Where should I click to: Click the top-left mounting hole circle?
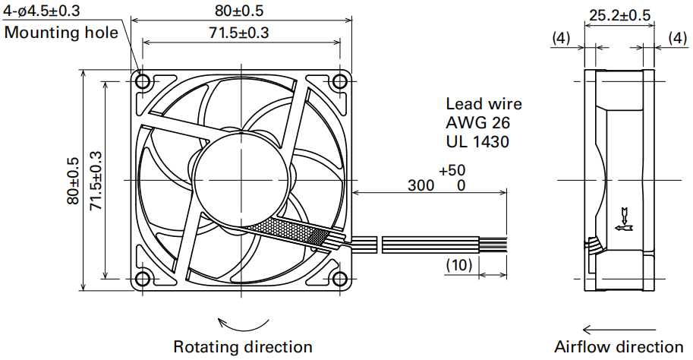[143, 81]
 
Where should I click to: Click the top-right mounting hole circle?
[340, 81]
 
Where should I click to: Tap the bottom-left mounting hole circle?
[143, 279]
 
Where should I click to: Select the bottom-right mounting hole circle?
[340, 279]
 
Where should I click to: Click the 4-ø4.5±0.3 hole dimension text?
[42, 10]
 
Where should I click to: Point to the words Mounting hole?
[61, 33]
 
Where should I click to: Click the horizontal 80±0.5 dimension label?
[239, 10]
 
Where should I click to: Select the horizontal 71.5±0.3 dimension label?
[239, 33]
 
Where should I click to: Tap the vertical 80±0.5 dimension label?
[73, 181]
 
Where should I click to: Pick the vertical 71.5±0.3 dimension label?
[96, 181]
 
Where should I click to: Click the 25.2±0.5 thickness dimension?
[620, 15]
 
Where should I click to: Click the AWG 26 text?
[477, 122]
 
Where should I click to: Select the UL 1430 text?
[477, 141]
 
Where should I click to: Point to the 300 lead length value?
[421, 185]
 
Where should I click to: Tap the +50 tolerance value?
[452, 170]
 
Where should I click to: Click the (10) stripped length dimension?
[459, 264]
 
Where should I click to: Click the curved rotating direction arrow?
[244, 330]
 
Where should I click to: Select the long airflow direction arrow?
[619, 330]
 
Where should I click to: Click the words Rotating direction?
[243, 346]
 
